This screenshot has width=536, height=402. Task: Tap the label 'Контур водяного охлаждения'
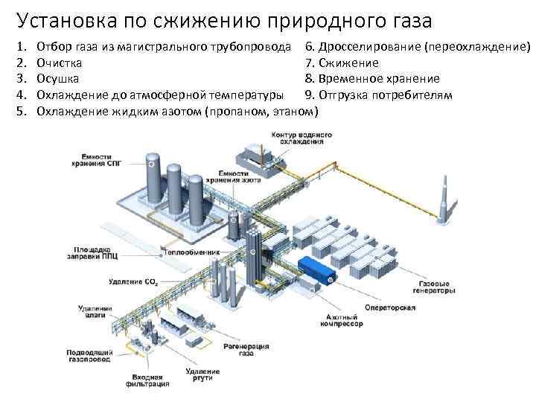(291, 138)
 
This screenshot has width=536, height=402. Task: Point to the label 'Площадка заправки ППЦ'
(93, 251)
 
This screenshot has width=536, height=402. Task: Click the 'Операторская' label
(385, 307)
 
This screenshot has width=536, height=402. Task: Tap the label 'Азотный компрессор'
(342, 320)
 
